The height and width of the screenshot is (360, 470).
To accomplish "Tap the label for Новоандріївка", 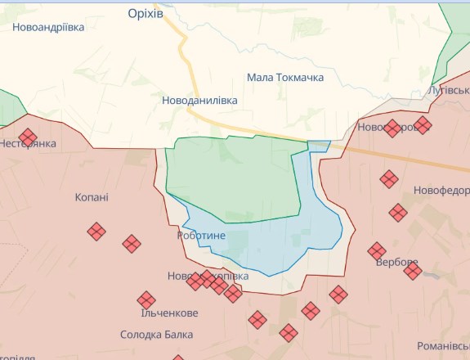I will pyautogui.click(x=48, y=27).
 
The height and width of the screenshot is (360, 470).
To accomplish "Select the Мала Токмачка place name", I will pyautogui.click(x=285, y=78).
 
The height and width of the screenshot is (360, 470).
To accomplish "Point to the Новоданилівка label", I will pyautogui.click(x=199, y=100).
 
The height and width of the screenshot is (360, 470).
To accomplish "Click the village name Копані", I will pyautogui.click(x=92, y=197).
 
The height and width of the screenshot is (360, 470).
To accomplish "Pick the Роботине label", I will pyautogui.click(x=201, y=236).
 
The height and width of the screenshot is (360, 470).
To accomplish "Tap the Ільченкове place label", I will pyautogui.click(x=168, y=313).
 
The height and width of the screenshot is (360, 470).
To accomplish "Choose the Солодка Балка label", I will pyautogui.click(x=157, y=335).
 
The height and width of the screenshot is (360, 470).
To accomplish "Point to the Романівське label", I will pyautogui.click(x=441, y=346).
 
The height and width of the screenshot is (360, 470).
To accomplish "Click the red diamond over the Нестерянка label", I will pyautogui.click(x=29, y=137).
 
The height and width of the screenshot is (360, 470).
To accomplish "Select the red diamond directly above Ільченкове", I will pyautogui.click(x=146, y=300).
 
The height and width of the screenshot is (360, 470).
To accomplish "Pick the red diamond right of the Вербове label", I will pyautogui.click(x=413, y=270).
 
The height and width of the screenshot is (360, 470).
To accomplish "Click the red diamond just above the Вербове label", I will pyautogui.click(x=377, y=250).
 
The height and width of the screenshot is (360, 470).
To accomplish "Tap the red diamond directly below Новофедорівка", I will pyautogui.click(x=398, y=213).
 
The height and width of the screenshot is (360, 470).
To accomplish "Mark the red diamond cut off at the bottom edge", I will pyautogui.click(x=178, y=357).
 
